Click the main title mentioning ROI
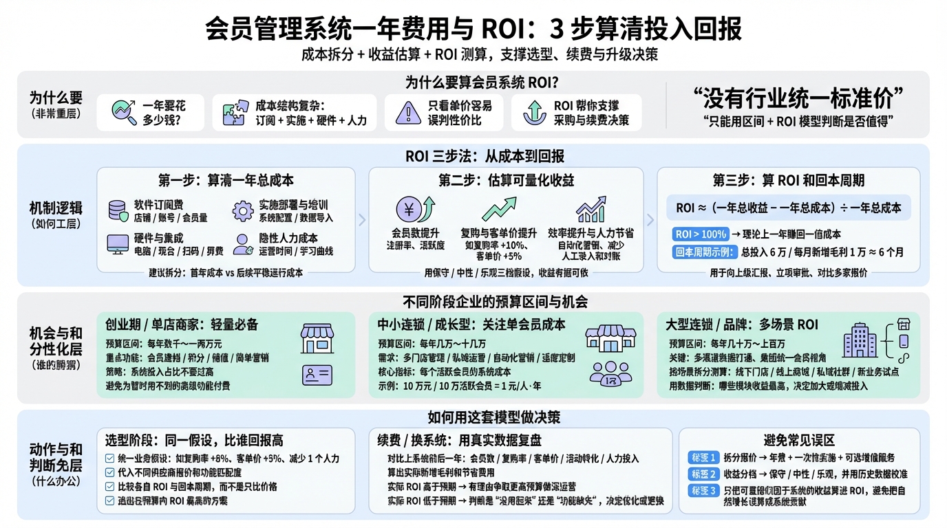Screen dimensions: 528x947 [473, 29]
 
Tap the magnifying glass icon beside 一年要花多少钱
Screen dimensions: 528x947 [123, 112]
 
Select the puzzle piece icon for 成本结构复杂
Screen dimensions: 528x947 [234, 113]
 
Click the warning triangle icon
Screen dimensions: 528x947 [408, 113]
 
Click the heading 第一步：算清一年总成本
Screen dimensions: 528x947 [226, 181]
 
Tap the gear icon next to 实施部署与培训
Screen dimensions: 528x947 [242, 211]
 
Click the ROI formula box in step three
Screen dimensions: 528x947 [788, 208]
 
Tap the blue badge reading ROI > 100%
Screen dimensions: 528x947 [700, 234]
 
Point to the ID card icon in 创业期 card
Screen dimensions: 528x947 [317, 375]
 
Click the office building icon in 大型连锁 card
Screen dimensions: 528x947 [860, 340]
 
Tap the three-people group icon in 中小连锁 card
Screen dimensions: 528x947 [606, 373]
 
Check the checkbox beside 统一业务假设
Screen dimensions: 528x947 [109, 459]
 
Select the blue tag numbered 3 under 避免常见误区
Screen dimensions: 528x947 [703, 491]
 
